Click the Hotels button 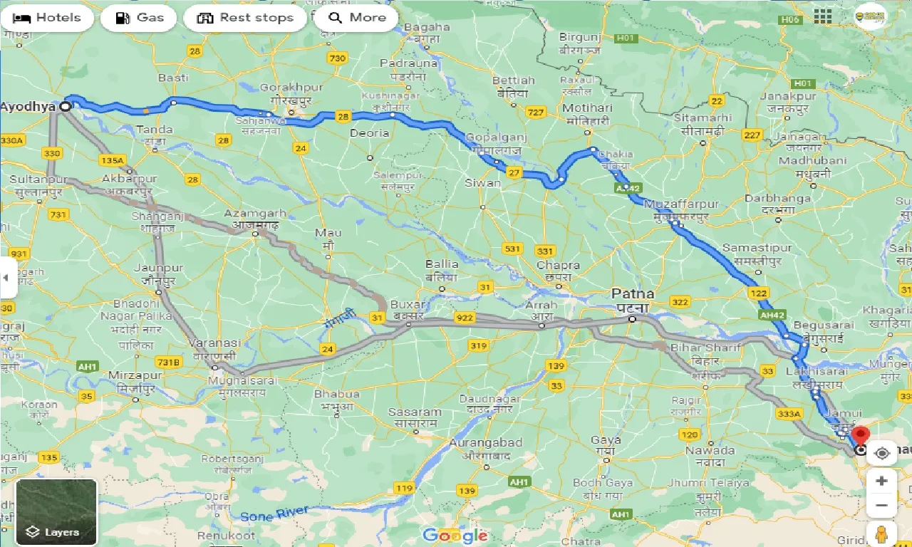[47, 18]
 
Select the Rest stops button [245, 18]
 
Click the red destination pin [861, 434]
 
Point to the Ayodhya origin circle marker [66, 106]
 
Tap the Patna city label [633, 293]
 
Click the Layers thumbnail [56, 511]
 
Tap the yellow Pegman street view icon [881, 533]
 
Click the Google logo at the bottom [455, 535]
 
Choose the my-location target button [882, 453]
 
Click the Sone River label [274, 513]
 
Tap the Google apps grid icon [823, 17]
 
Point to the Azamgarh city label [255, 213]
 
